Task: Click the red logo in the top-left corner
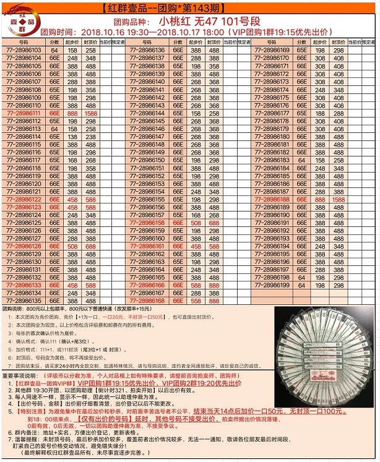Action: click(x=18, y=17)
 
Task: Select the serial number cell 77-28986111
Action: click(x=24, y=113)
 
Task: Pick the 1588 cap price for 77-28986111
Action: click(x=91, y=113)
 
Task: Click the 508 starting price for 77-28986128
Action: click(x=73, y=246)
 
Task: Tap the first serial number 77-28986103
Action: click(x=24, y=50)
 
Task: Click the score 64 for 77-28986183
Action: click(x=301, y=160)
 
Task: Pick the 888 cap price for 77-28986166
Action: click(x=215, y=285)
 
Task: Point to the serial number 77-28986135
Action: click(x=24, y=301)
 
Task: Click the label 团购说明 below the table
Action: click(x=15, y=308)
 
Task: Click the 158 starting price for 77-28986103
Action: click(x=73, y=50)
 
